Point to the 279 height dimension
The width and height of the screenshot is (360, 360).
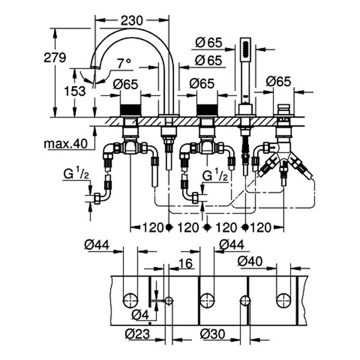point(56,58)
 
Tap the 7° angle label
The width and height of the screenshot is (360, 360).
point(124,63)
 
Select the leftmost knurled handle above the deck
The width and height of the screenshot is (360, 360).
point(129,110)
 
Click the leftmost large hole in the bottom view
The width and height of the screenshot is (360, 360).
point(130,299)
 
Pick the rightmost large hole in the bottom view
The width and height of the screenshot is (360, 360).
point(283,299)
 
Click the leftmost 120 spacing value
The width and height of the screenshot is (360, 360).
point(150,227)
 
